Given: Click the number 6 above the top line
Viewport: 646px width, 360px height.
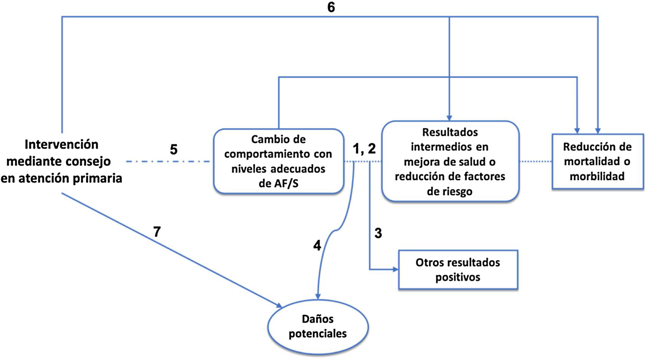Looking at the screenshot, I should click(x=331, y=7).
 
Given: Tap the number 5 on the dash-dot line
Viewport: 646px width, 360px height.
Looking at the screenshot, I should click(x=173, y=149).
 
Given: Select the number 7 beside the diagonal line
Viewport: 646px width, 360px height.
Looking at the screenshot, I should click(x=157, y=231).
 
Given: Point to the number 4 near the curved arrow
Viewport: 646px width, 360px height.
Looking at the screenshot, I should click(x=317, y=245).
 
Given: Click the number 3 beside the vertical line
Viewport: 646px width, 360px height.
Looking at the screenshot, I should click(x=378, y=233).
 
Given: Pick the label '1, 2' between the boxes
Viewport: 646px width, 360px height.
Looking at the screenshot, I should click(x=364, y=148).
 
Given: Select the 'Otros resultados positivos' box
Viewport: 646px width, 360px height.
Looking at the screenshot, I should click(x=458, y=270).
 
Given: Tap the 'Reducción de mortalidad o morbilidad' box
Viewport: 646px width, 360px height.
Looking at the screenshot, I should click(x=597, y=161).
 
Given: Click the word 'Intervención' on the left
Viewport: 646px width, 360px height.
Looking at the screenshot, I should click(x=61, y=144).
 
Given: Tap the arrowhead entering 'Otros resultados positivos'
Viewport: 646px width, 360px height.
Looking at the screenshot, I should click(x=396, y=269).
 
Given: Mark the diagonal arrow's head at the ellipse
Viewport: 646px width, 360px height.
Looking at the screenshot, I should click(x=279, y=305).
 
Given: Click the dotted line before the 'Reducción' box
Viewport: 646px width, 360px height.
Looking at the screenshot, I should click(x=535, y=161).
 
